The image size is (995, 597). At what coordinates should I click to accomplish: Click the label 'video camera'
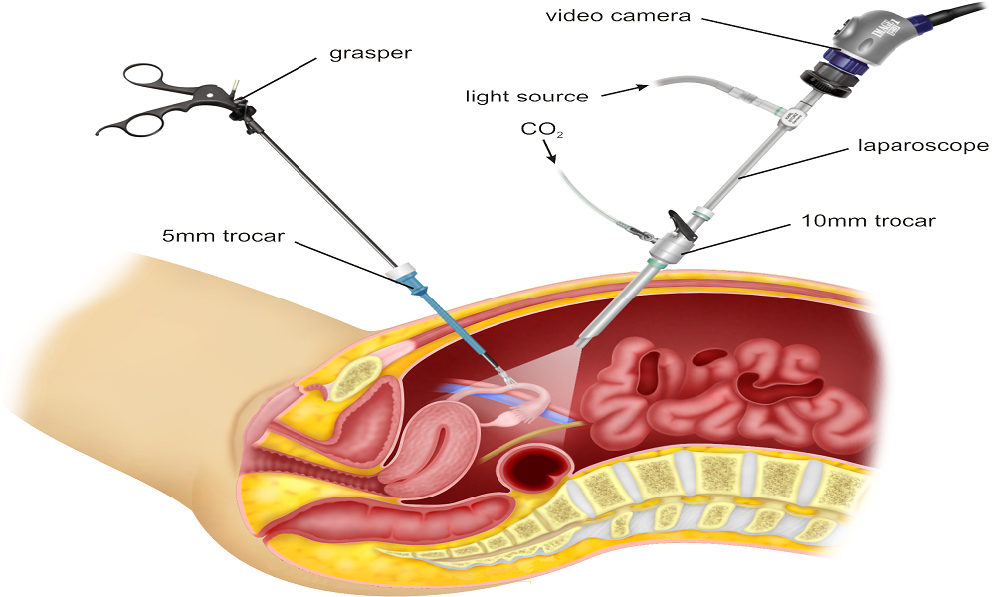point(618,15)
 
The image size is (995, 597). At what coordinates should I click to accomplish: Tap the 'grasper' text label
point(370,53)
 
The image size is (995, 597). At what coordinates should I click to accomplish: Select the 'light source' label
point(526,97)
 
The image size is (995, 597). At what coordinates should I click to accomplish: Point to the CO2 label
point(542,130)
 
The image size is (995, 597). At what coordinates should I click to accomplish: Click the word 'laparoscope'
point(923,146)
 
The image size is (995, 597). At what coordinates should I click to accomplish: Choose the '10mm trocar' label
point(869,221)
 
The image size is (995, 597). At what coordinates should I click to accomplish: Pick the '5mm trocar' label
point(223,236)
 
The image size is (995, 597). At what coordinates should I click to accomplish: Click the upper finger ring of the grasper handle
point(145,78)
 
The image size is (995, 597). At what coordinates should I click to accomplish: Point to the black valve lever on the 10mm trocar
point(678,222)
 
